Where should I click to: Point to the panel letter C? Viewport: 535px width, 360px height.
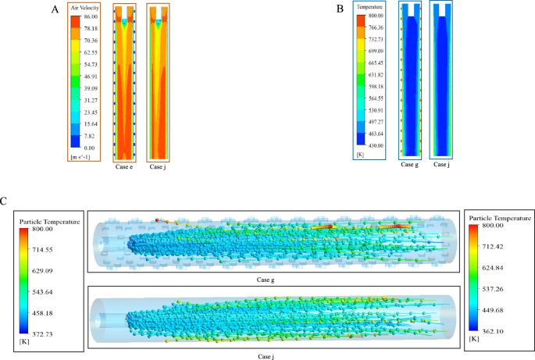5,201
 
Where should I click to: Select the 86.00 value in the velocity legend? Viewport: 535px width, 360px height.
90,17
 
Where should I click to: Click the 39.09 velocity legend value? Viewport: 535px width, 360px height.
90,88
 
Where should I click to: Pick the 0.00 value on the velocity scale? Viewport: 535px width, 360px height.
88,148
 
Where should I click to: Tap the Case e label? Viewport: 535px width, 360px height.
124,167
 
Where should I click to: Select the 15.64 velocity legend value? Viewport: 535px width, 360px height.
90,123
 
